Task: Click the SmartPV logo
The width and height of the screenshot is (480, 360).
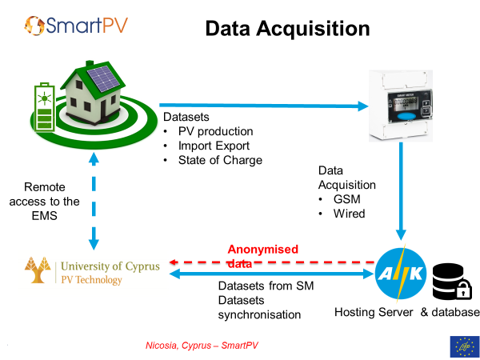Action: click(76, 26)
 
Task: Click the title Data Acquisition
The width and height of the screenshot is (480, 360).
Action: click(287, 29)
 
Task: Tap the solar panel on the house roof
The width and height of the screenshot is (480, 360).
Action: click(103, 78)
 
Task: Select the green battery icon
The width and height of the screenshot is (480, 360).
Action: click(45, 107)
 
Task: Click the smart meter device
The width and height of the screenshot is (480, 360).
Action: click(401, 106)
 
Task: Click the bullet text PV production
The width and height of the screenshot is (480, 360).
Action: click(215, 131)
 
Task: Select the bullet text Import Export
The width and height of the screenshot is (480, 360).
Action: click(214, 146)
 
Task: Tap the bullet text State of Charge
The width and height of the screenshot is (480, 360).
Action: click(220, 160)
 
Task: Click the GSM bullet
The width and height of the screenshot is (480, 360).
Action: click(347, 199)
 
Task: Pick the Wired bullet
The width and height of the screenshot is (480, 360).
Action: click(350, 214)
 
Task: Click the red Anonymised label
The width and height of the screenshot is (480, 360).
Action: click(262, 249)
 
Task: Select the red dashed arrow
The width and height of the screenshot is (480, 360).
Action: click(272, 262)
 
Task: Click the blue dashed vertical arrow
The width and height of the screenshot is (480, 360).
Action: click(94, 201)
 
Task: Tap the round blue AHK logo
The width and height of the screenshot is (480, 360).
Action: click(401, 274)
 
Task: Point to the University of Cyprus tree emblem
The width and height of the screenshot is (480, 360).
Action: click(38, 270)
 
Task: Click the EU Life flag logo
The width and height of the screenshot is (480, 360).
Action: click(464, 347)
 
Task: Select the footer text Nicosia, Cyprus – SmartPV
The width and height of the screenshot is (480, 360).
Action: click(202, 346)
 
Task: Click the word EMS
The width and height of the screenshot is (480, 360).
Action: click(44, 216)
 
